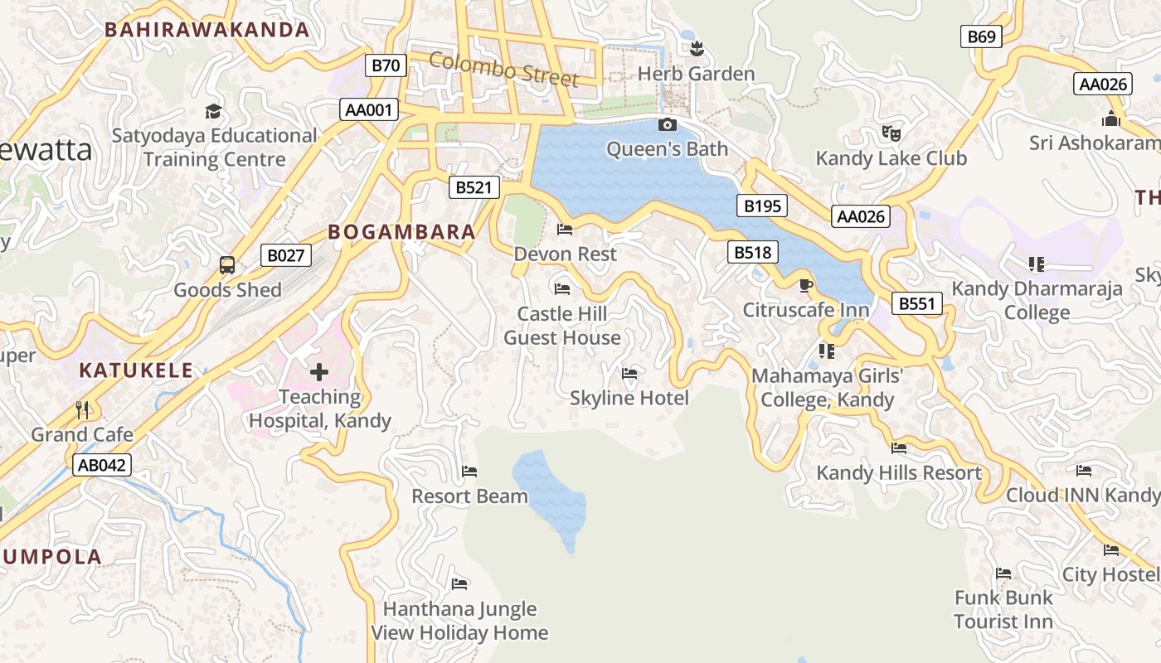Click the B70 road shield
click(386, 65)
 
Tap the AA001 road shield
click(369, 109)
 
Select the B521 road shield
click(474, 187)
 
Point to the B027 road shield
click(286, 255)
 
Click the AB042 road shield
click(101, 465)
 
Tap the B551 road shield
click(917, 303)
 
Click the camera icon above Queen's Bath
click(667, 125)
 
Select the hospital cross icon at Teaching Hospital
click(319, 372)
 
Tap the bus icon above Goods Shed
click(227, 265)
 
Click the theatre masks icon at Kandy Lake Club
click(891, 133)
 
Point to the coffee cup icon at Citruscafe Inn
click(805, 286)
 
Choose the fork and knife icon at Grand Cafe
click(82, 409)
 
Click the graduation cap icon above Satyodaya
click(214, 111)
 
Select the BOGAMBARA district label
click(402, 232)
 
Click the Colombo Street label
click(503, 70)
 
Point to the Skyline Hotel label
click(629, 399)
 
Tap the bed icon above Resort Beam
click(469, 472)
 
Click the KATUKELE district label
click(136, 370)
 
